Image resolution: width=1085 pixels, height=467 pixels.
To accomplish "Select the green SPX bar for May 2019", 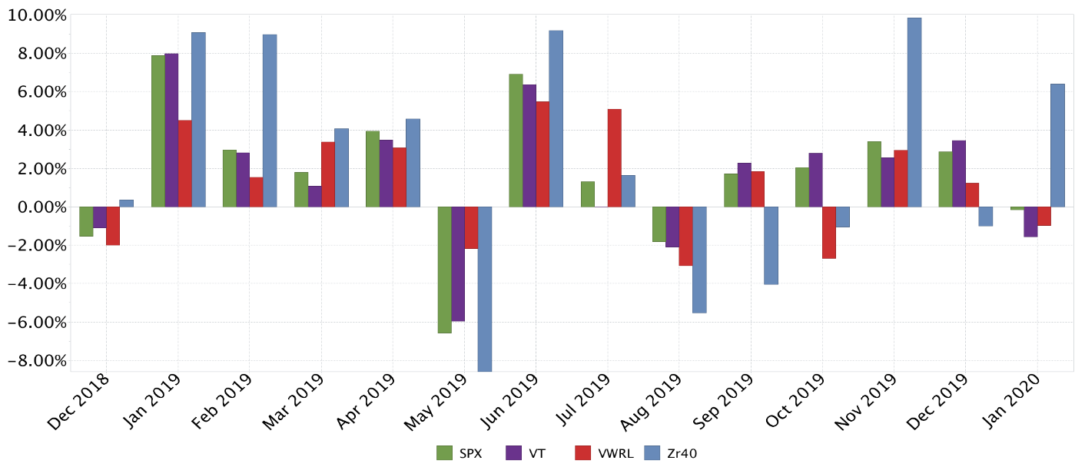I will (x=444, y=270).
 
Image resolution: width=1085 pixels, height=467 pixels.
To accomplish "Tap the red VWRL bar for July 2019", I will (x=614, y=157).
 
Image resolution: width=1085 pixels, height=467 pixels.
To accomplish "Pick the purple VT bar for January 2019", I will (x=171, y=130).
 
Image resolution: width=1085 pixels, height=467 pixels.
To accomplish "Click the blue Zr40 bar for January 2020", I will (x=1057, y=145).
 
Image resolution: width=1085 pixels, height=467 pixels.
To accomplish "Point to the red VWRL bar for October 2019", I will (x=829, y=232).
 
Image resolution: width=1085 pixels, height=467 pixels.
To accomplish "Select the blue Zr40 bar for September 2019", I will (x=771, y=245).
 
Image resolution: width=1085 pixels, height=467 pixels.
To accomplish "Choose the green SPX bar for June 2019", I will (x=516, y=140).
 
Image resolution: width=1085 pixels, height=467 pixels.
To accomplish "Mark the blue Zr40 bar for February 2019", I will (x=270, y=121).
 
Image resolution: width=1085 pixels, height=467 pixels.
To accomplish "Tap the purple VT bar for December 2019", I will (x=959, y=174).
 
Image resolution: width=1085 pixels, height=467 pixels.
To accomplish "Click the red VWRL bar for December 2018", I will (x=113, y=226).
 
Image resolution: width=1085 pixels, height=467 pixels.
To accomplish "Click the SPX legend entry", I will (x=459, y=453).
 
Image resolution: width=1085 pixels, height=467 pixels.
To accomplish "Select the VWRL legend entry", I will (x=604, y=453).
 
